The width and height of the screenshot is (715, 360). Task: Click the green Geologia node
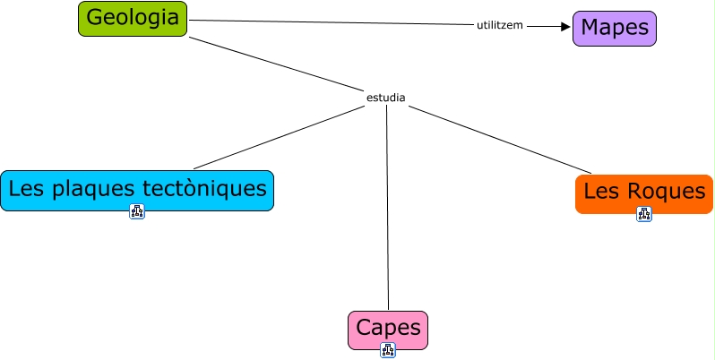pos(133,19)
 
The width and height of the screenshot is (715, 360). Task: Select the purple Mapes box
pos(615,28)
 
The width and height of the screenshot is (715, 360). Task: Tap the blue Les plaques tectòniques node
pos(136,190)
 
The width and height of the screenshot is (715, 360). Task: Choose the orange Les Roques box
pos(643,193)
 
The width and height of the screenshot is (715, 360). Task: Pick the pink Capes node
pos(387,329)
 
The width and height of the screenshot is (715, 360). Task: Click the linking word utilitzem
pos(500,25)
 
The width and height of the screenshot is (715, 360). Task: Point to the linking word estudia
pos(386,97)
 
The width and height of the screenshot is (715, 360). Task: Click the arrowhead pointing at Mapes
pos(565,27)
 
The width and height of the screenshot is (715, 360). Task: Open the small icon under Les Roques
pos(643,214)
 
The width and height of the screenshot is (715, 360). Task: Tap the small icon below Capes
pos(387,350)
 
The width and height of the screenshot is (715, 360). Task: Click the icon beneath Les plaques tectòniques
pos(136,212)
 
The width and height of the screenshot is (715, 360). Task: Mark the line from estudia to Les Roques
pos(502,138)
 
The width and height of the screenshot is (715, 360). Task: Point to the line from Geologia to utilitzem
pos(332,23)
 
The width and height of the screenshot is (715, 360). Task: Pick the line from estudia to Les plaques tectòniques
pos(278,138)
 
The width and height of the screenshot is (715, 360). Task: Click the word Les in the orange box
pos(600,192)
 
